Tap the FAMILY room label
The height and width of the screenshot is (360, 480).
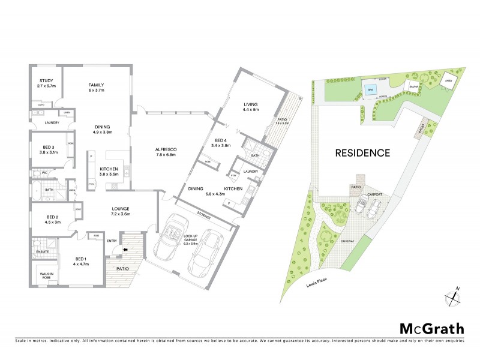97,88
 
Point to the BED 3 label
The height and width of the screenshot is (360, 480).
48,149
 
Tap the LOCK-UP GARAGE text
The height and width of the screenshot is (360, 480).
191,241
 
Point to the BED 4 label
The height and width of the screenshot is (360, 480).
221,142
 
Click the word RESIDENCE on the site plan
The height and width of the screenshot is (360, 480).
362,152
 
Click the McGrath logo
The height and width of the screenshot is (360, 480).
431,328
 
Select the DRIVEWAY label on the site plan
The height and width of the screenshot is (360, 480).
348,242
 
